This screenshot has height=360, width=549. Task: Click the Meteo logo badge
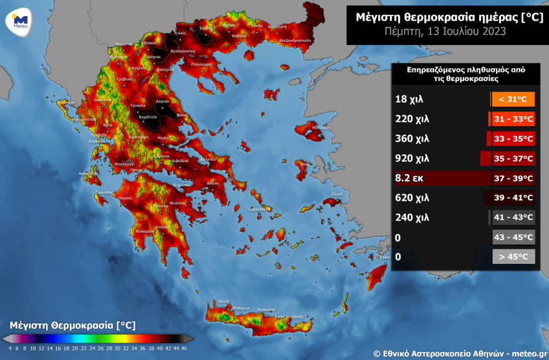[x=20, y=20]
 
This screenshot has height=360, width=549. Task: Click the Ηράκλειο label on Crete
[x=266, y=309]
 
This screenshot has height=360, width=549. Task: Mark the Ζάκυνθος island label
[x=104, y=193]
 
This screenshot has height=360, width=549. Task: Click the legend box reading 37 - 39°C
[x=513, y=178]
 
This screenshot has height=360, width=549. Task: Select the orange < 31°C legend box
[x=513, y=99]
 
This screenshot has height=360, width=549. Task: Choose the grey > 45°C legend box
[x=513, y=256]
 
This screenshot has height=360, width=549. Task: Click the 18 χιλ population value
[x=409, y=99]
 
